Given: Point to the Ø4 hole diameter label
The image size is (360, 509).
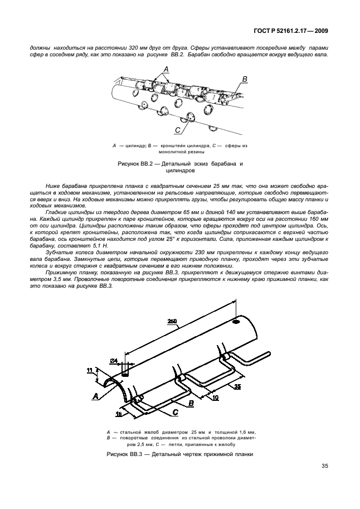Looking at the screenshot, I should pos(114,361).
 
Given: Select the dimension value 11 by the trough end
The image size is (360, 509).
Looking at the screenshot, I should pos(90,370).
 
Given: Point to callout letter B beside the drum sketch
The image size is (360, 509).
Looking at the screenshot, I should pos(244,79).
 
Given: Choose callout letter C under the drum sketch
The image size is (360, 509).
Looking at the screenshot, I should pos(178,130).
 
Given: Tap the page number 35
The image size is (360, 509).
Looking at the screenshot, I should pos(324,467).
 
